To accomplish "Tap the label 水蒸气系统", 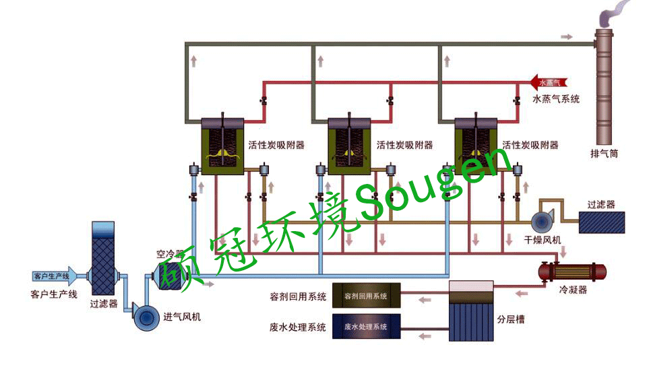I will (x=556, y=99).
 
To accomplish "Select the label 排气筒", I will (x=604, y=154).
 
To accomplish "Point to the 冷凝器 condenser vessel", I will (x=571, y=272).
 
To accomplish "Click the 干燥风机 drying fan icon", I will (x=543, y=222).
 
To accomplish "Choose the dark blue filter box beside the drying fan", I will (x=602, y=222).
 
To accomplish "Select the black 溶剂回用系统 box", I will (x=366, y=296).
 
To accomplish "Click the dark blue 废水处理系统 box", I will (x=366, y=327).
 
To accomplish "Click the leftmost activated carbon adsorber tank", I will (x=222, y=149).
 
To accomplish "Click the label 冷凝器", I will (x=573, y=290).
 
